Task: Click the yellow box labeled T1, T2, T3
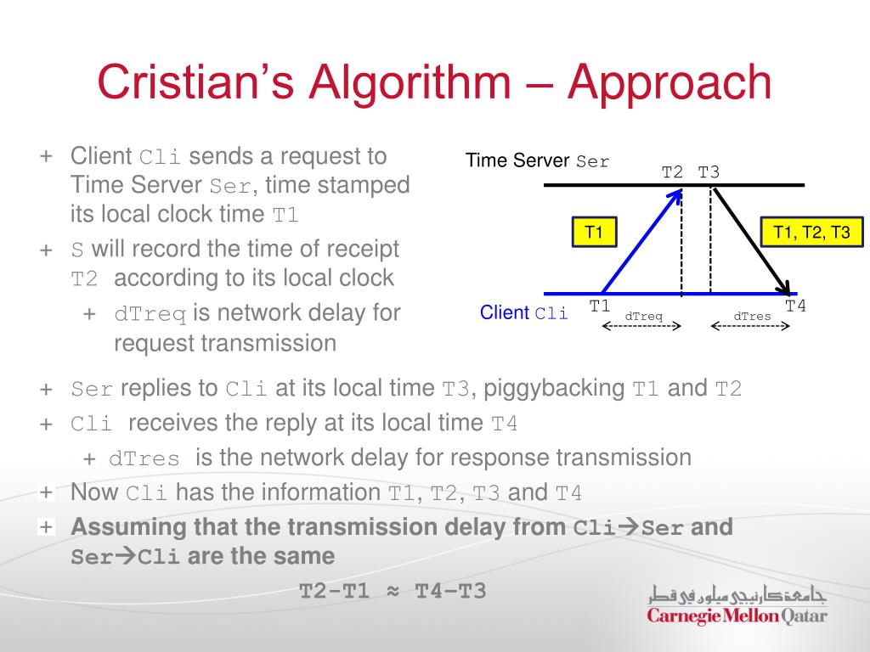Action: (x=811, y=233)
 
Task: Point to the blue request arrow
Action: (x=641, y=242)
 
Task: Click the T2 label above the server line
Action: (x=672, y=172)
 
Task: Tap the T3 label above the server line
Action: (x=709, y=172)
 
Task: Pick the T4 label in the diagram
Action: (x=795, y=306)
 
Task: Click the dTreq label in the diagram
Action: (x=643, y=317)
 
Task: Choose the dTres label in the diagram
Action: (x=752, y=317)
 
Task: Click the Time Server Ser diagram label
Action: (x=537, y=160)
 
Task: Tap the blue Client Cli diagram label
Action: (x=523, y=313)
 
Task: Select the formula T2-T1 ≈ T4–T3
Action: (x=393, y=591)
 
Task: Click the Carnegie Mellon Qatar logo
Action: (x=736, y=605)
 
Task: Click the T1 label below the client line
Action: (x=600, y=306)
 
